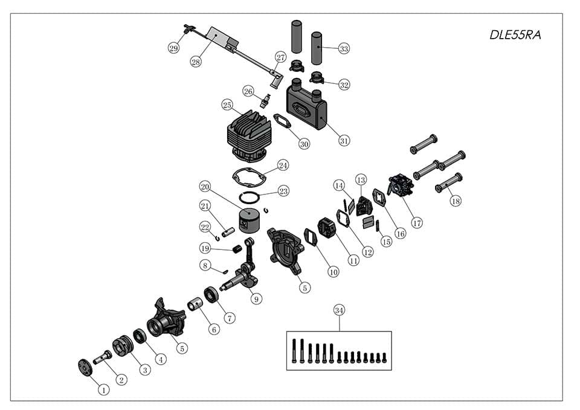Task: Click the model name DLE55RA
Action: click(515, 35)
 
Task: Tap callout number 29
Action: click(174, 48)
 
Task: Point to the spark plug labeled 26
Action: click(264, 101)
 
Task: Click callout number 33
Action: click(344, 48)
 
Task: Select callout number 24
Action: click(283, 165)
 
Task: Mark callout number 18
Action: click(456, 201)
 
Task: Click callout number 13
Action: click(361, 179)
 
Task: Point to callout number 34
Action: click(339, 310)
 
